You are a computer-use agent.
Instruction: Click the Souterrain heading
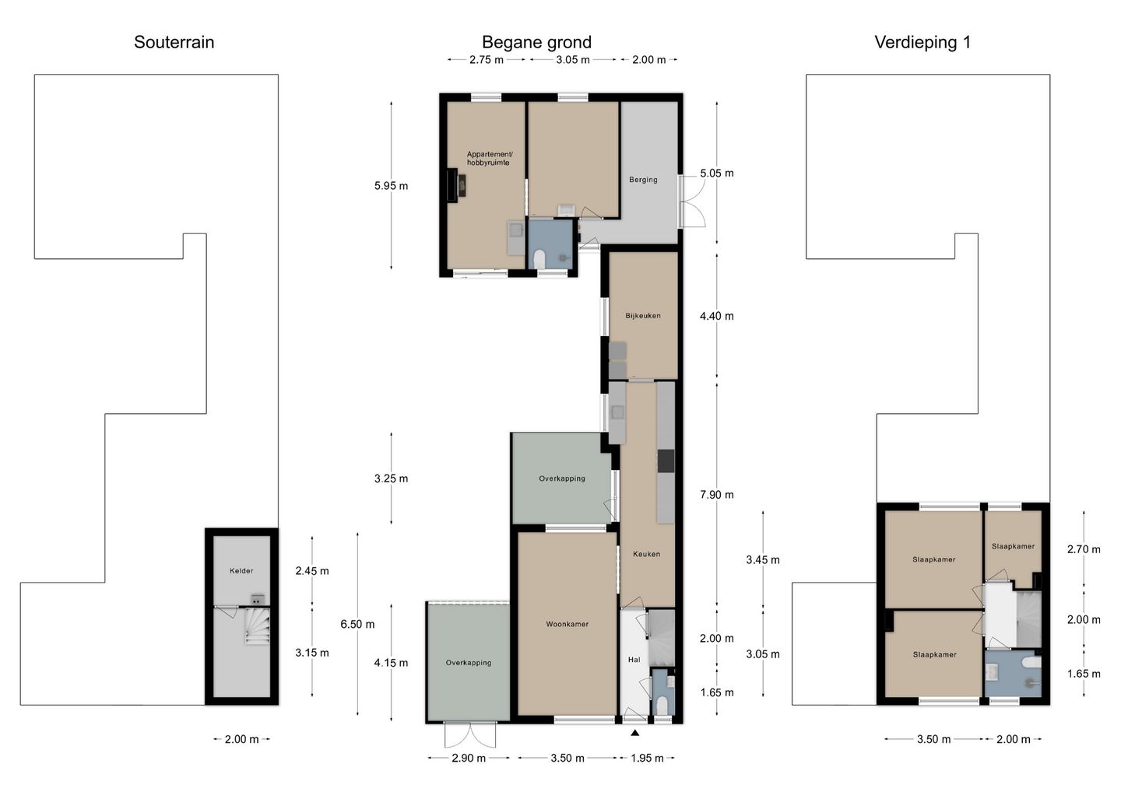point(174,42)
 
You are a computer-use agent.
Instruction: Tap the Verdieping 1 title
point(922,42)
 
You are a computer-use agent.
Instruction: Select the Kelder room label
point(241,570)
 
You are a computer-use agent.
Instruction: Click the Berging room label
point(643,180)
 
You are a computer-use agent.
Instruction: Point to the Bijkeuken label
point(642,316)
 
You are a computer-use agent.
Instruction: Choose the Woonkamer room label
point(567,624)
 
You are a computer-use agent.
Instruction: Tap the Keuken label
point(646,554)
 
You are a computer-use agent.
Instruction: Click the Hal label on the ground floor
point(634,660)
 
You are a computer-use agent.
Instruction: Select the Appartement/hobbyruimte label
point(489,159)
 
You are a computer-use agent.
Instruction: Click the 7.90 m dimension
point(717,495)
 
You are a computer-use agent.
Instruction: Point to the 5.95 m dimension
point(391,186)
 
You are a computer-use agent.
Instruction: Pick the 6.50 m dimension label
point(357,624)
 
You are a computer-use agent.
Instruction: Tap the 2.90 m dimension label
point(469,758)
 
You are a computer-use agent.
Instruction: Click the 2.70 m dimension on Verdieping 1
point(1084,549)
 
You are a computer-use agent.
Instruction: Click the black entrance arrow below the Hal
point(634,733)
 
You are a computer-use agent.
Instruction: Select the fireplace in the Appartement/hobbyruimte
point(456,185)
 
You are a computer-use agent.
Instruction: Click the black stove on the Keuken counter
point(666,461)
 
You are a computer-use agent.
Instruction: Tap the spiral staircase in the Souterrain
point(257,626)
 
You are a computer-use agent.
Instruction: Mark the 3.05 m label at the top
point(572,60)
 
